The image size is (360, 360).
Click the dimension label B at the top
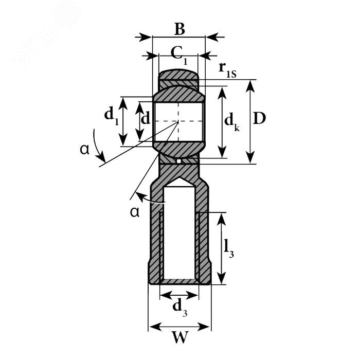(179, 29)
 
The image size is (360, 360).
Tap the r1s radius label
(227, 70)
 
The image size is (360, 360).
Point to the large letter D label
(259, 118)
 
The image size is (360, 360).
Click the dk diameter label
(232, 122)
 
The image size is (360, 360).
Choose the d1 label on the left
(112, 115)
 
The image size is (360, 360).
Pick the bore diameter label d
(146, 118)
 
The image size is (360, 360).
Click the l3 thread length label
(229, 248)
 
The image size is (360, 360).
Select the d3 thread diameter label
(180, 308)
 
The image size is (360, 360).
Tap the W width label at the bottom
(181, 337)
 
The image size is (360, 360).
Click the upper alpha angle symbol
(84, 149)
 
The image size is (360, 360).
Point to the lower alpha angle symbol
(135, 212)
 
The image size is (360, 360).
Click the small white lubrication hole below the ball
(179, 161)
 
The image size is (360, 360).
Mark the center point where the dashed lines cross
(178, 121)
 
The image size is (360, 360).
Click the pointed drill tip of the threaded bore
(179, 177)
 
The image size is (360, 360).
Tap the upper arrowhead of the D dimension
(250, 86)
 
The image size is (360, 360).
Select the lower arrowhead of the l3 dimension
(221, 278)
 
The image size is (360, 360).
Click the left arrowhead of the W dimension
(155, 327)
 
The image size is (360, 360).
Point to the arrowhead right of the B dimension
(212, 37)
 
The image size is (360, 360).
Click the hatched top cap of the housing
(178, 75)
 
